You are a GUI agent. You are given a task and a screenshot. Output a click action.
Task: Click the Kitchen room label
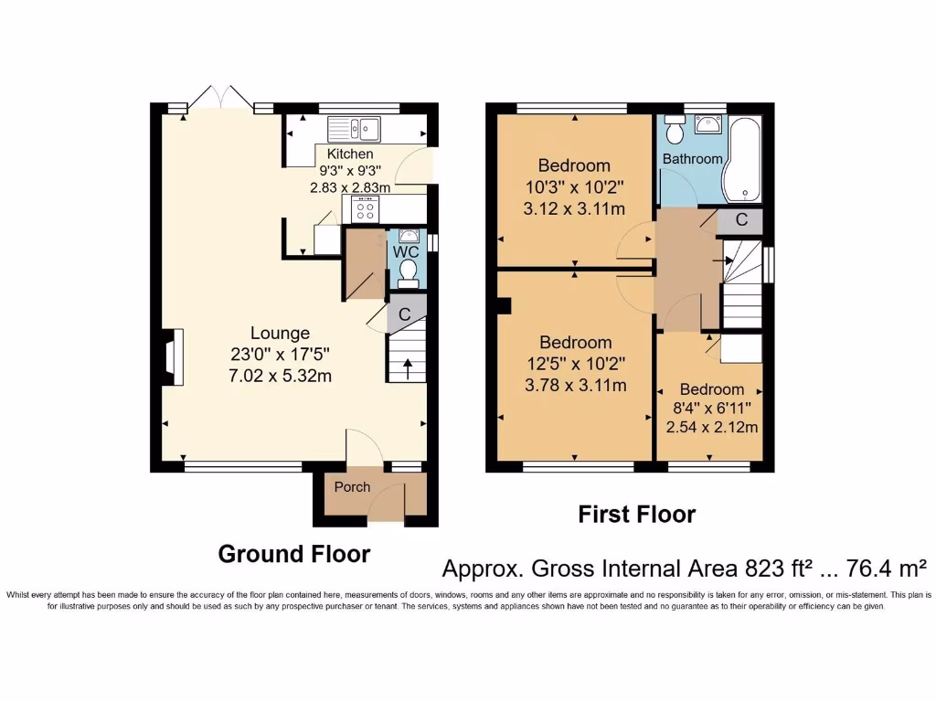[350, 154]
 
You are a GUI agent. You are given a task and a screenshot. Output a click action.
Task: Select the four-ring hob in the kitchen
[365, 209]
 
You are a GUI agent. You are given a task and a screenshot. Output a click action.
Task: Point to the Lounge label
[280, 334]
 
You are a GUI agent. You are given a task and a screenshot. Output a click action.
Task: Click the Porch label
[352, 487]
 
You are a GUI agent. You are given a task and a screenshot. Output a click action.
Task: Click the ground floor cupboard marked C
[404, 314]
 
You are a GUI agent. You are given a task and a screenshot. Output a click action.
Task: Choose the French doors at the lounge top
[220, 99]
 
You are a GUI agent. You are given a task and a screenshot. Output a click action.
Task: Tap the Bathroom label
[692, 159]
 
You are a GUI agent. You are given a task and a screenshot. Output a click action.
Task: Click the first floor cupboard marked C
[741, 220]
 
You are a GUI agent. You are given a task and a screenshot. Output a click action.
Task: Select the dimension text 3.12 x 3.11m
[574, 209]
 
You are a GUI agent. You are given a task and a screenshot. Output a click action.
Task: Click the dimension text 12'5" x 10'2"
[575, 364]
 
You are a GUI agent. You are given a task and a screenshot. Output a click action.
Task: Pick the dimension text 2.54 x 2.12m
[712, 427]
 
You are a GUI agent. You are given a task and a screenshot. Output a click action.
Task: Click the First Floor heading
[636, 515]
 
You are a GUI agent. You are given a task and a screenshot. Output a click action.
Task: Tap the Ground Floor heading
[293, 554]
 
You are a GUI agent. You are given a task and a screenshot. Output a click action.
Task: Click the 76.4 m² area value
[884, 569]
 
